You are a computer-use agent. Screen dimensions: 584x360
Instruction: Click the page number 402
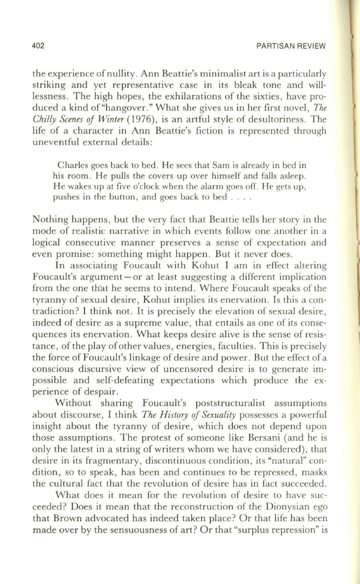tap(38, 46)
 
